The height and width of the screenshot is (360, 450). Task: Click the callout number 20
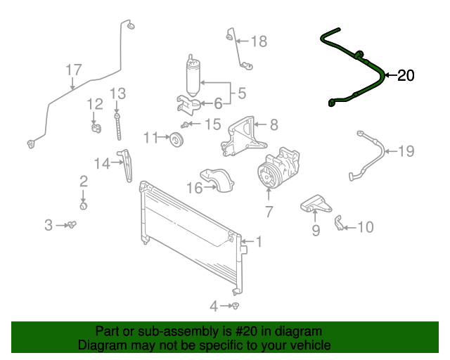pyautogui.click(x=406, y=76)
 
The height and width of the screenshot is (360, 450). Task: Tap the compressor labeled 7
pyautogui.click(x=276, y=169)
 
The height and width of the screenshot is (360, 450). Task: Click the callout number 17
pyautogui.click(x=74, y=70)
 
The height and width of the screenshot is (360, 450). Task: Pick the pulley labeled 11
pyautogui.click(x=176, y=140)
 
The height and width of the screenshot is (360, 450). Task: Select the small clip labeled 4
pyautogui.click(x=236, y=306)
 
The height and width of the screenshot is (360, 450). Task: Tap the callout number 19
pyautogui.click(x=406, y=151)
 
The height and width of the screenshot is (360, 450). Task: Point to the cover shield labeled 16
pyautogui.click(x=217, y=180)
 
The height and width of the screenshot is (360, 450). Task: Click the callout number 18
pyautogui.click(x=259, y=41)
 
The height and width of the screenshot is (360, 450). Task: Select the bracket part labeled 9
pyautogui.click(x=314, y=205)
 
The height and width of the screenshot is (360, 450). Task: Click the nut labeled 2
pyautogui.click(x=84, y=206)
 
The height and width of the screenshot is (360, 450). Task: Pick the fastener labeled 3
pyautogui.click(x=72, y=225)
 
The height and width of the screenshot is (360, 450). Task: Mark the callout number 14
pyautogui.click(x=102, y=164)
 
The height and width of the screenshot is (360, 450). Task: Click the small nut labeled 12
pyautogui.click(x=94, y=127)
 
